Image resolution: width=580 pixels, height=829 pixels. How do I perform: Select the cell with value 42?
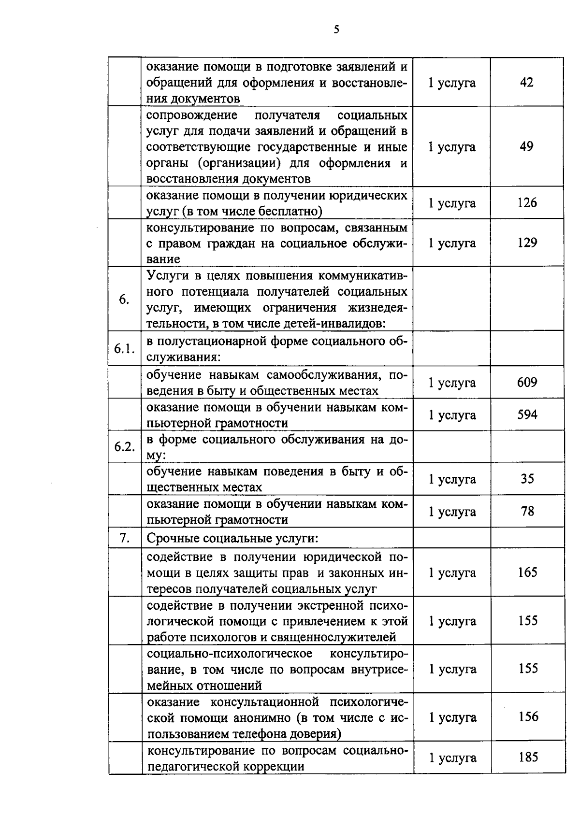[x=526, y=82]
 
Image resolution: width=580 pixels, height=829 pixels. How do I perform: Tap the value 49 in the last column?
[x=526, y=146]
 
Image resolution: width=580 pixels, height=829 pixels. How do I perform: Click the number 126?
[x=527, y=202]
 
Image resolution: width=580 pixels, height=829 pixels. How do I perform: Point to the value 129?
[x=527, y=243]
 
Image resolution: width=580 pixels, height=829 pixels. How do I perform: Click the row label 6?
[x=124, y=300]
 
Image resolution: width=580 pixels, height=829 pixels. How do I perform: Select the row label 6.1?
[x=124, y=349]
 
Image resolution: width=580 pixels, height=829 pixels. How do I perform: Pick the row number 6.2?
[x=124, y=446]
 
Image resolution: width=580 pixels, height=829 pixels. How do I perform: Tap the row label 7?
[x=124, y=538]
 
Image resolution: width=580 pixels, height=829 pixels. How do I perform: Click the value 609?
[x=527, y=383]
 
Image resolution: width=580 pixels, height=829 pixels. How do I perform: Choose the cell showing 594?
[x=527, y=414]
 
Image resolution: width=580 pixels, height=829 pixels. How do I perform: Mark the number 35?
[x=527, y=479]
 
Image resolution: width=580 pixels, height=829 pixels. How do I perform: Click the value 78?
[x=527, y=511]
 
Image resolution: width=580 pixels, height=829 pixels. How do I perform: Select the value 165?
[x=527, y=572]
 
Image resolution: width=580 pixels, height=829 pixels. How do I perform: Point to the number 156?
[x=527, y=717]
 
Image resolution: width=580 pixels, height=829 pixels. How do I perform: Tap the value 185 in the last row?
[x=527, y=758]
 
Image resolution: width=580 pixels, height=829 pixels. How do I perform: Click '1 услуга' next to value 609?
[x=452, y=383]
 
